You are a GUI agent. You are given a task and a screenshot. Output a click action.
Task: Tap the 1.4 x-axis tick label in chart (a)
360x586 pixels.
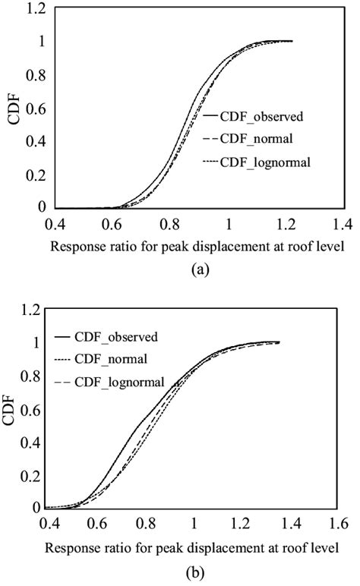pos(343,225)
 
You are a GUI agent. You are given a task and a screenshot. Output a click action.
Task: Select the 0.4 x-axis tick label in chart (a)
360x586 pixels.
pos(55,225)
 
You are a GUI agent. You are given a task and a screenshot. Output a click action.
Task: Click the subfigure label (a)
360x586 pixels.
pos(199,267)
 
